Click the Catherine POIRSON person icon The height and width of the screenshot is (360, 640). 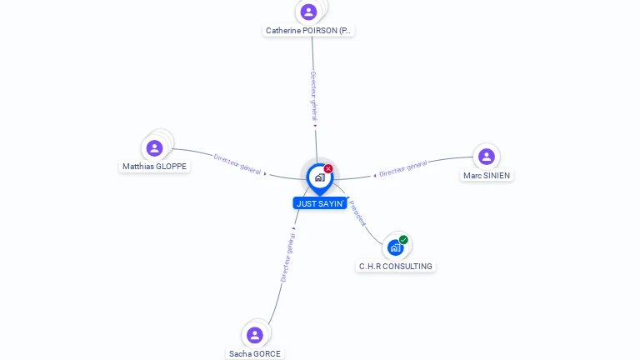308,12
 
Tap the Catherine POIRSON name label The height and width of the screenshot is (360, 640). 308,31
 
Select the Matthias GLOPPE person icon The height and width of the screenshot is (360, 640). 154,148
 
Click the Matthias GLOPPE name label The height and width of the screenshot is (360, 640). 155,167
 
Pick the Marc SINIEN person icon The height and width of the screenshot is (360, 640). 487,157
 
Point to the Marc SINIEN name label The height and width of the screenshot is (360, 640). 487,176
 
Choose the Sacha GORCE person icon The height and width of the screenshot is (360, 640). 255,335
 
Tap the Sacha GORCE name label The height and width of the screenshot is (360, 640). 255,353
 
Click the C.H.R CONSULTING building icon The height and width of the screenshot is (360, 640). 395,247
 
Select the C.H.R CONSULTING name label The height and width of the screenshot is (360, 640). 396,267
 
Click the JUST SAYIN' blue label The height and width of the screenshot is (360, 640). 320,203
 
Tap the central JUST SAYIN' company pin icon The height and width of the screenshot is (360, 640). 319,177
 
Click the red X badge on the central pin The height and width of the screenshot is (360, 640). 328,169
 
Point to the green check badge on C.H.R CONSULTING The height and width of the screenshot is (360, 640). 403,240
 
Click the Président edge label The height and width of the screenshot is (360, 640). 357,212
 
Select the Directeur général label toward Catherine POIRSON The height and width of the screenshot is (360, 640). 313,97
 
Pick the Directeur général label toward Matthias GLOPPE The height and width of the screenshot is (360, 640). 237,163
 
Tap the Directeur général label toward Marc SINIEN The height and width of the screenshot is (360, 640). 403,168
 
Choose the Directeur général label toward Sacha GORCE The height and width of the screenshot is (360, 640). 287,257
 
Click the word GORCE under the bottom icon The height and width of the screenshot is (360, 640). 267,353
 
